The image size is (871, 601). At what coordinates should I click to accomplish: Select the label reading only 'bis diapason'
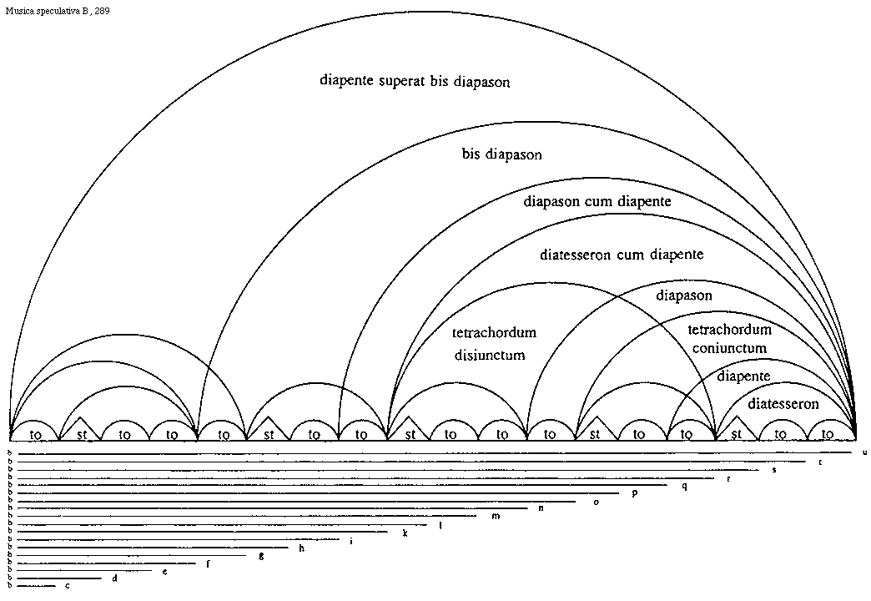click(x=502, y=155)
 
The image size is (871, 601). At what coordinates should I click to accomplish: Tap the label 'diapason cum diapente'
click(x=597, y=201)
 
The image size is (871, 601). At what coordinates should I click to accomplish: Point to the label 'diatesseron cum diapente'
click(x=622, y=255)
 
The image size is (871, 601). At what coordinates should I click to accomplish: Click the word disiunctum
click(x=490, y=355)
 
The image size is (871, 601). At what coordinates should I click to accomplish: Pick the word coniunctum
click(x=728, y=347)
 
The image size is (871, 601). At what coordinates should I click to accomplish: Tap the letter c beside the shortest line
click(x=68, y=586)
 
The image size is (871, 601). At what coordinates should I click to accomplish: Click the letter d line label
click(x=114, y=578)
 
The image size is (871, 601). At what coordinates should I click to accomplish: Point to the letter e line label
click(x=165, y=571)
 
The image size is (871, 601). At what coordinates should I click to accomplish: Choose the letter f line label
click(x=207, y=563)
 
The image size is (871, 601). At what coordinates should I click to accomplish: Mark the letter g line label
click(x=261, y=555)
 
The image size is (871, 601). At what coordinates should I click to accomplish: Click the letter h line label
click(x=301, y=548)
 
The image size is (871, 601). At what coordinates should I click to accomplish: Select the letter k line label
click(x=405, y=532)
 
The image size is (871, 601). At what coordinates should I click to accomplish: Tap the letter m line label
click(x=496, y=516)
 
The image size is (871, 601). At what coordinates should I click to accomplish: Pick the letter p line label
click(x=635, y=492)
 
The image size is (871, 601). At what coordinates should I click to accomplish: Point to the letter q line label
click(x=684, y=485)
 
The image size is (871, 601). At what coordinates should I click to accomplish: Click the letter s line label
click(x=774, y=470)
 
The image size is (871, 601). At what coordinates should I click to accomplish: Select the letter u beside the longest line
click(x=865, y=452)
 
